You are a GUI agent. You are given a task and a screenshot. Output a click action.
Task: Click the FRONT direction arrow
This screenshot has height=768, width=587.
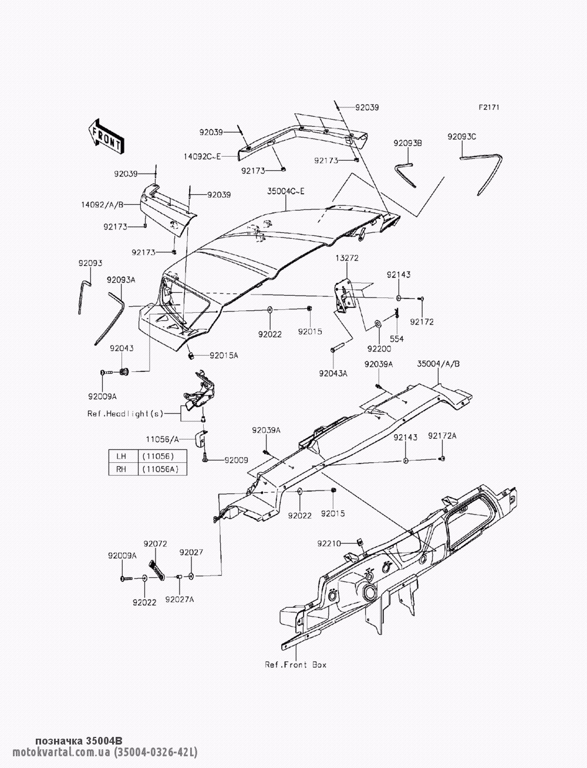(106, 136)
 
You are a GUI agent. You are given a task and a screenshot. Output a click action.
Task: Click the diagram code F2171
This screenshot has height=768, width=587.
(489, 107)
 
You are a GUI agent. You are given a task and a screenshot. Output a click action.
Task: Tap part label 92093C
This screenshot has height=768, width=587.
(462, 137)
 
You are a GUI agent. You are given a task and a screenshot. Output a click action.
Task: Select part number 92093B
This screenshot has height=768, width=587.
(408, 143)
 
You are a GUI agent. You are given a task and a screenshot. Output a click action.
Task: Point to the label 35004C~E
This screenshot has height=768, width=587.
(286, 191)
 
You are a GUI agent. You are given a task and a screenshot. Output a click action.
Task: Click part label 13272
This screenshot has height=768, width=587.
(347, 258)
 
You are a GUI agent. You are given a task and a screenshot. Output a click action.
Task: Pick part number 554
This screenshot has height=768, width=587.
(397, 339)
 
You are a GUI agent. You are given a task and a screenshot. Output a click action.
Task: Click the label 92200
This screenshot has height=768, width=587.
(379, 349)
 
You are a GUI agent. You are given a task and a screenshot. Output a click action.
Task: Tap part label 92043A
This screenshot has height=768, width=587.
(333, 374)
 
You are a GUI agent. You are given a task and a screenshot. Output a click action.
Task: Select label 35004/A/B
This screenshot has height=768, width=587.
(438, 364)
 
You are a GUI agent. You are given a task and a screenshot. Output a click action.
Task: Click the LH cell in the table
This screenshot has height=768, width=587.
(121, 456)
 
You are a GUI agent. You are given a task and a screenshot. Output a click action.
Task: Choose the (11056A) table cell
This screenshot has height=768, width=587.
(160, 469)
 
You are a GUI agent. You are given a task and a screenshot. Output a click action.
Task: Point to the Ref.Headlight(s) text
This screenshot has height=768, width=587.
(125, 414)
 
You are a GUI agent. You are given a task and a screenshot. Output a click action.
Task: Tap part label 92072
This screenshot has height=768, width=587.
(155, 544)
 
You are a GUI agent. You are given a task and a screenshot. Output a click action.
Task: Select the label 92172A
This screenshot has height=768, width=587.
(442, 435)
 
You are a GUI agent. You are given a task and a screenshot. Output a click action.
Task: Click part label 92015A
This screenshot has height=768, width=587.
(224, 356)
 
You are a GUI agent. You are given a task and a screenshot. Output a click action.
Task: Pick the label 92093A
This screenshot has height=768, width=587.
(121, 280)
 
